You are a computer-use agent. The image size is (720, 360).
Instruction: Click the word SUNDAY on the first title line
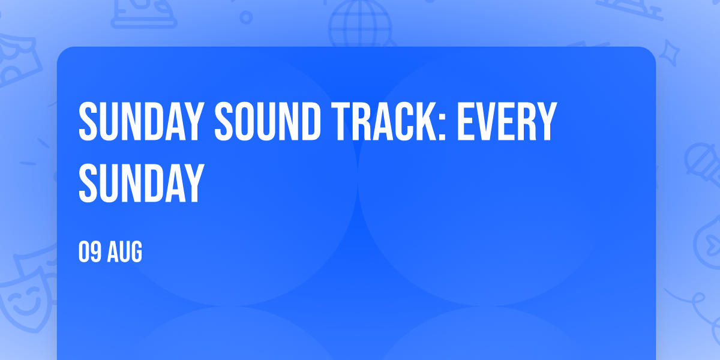142,121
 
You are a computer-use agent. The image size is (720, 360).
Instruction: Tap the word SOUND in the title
268,121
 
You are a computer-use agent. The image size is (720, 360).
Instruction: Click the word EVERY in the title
507,121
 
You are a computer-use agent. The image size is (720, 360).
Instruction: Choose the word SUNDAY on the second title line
142,182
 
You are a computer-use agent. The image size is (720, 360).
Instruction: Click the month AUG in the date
124,251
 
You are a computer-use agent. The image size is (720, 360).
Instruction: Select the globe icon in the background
360,24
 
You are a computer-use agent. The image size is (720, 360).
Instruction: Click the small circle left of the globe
246,17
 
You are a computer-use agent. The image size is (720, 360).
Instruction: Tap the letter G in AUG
136,251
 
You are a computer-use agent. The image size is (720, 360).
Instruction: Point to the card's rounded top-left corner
62,52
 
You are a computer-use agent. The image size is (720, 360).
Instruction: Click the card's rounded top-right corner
651,52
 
